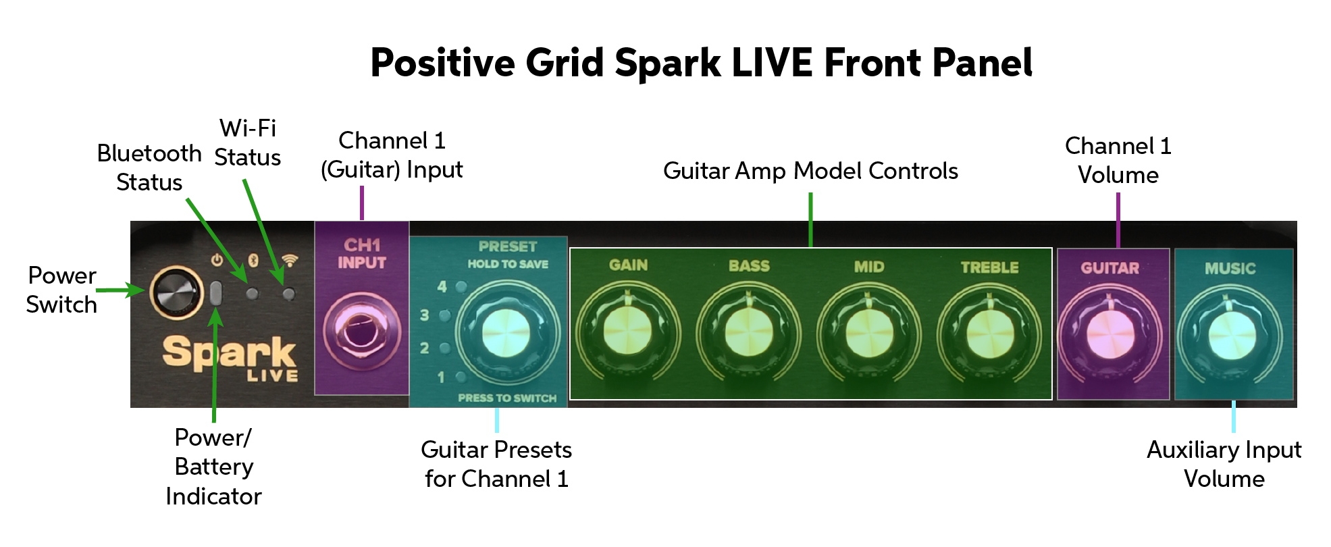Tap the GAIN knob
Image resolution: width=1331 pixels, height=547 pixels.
tap(627, 332)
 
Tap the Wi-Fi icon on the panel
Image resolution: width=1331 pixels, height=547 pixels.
tap(290, 260)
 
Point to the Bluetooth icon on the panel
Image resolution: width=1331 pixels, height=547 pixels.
tap(253, 260)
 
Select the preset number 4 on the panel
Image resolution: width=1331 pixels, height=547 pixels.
tap(442, 287)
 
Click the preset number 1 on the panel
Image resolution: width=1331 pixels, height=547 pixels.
tap(441, 377)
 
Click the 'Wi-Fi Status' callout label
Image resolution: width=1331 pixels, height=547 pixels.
tap(248, 142)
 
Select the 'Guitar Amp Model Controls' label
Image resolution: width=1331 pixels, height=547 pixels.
tap(810, 171)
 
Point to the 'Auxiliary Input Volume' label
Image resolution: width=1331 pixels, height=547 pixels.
tap(1224, 464)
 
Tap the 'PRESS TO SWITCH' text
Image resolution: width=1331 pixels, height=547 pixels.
tap(507, 398)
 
